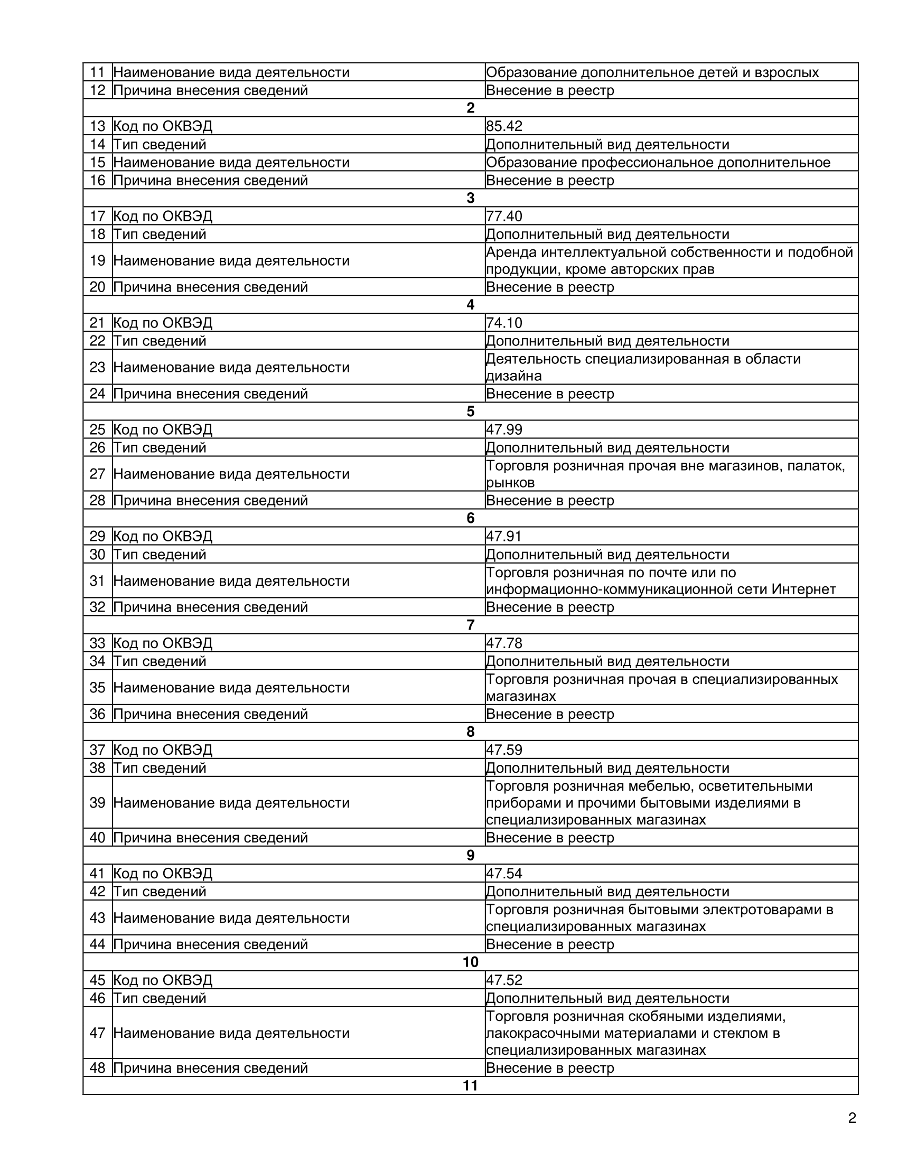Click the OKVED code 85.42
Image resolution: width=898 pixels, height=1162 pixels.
[504, 126]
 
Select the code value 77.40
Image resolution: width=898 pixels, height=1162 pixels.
[504, 216]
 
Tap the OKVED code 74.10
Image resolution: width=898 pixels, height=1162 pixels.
[504, 323]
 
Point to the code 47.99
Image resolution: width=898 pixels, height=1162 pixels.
[504, 429]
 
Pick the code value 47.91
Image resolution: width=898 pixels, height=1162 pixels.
[504, 536]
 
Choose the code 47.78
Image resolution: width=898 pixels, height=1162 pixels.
[504, 643]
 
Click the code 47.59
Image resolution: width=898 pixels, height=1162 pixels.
[504, 749]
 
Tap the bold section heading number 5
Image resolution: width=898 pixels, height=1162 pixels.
[470, 411]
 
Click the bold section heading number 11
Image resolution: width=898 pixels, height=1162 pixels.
[470, 1085]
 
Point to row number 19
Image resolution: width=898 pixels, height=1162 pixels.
[97, 260]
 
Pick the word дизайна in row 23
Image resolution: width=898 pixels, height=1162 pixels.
[513, 376]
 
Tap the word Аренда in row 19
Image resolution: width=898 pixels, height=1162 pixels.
[510, 251]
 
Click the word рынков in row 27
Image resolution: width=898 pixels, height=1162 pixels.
[510, 483]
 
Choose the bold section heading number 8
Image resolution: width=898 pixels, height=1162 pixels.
[470, 732]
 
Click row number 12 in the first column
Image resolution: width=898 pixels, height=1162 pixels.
[97, 90]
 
